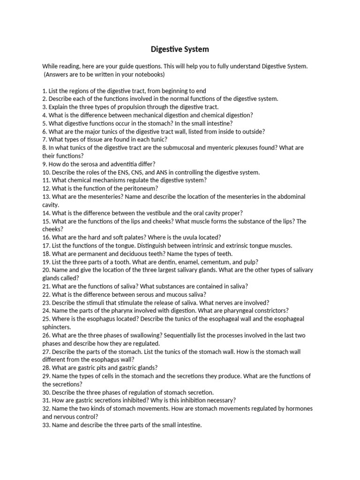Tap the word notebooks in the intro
(x=144, y=75)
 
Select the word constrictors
(x=272, y=311)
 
